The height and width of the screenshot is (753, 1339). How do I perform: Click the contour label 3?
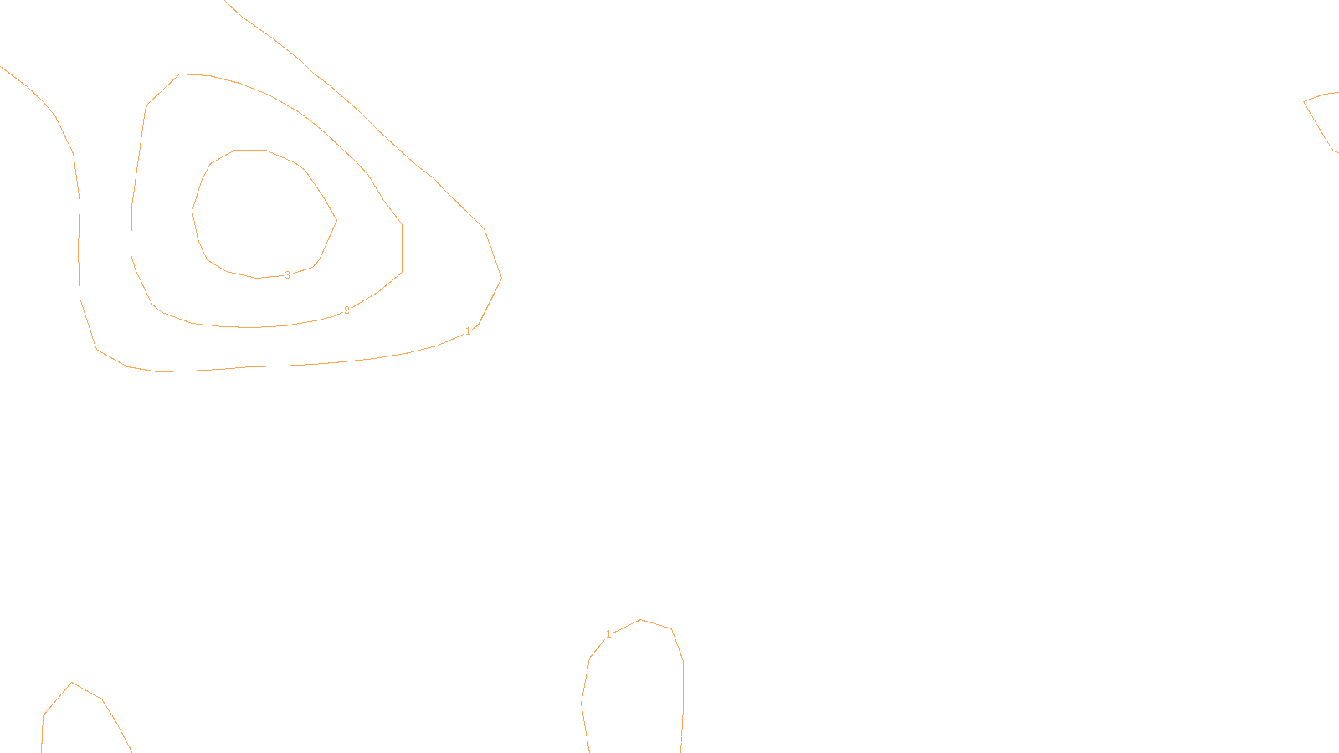click(287, 275)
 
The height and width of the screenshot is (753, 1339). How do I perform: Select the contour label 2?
click(346, 310)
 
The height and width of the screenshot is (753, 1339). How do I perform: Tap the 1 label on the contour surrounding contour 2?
click(468, 331)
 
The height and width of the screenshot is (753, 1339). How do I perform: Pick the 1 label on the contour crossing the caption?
click(608, 634)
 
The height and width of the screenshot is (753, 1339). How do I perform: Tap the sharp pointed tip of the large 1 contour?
click(500, 278)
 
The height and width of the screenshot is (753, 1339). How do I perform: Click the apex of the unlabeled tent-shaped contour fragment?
click(72, 683)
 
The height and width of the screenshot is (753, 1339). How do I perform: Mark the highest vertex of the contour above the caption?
click(641, 620)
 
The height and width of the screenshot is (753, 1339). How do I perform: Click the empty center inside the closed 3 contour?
click(261, 213)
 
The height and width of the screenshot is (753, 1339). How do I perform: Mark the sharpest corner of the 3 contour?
click(336, 221)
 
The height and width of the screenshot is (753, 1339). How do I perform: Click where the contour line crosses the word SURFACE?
click(681, 740)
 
